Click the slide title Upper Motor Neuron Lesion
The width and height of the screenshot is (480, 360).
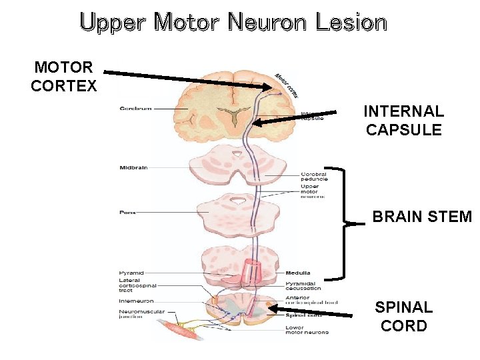click(x=233, y=22)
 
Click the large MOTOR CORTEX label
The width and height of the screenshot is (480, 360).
click(x=64, y=77)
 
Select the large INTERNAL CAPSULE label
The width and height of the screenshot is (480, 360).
click(x=403, y=120)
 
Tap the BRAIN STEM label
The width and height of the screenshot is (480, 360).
click(x=421, y=217)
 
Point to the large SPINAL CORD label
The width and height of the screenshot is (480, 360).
click(x=403, y=316)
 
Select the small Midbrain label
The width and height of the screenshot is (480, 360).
click(x=133, y=167)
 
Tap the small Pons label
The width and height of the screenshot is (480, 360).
click(x=127, y=213)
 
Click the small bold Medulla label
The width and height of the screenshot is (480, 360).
click(x=297, y=273)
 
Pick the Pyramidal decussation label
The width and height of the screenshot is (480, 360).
click(x=303, y=285)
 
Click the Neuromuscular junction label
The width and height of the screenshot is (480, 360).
click(x=138, y=314)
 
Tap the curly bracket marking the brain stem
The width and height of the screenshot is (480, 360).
click(x=345, y=223)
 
